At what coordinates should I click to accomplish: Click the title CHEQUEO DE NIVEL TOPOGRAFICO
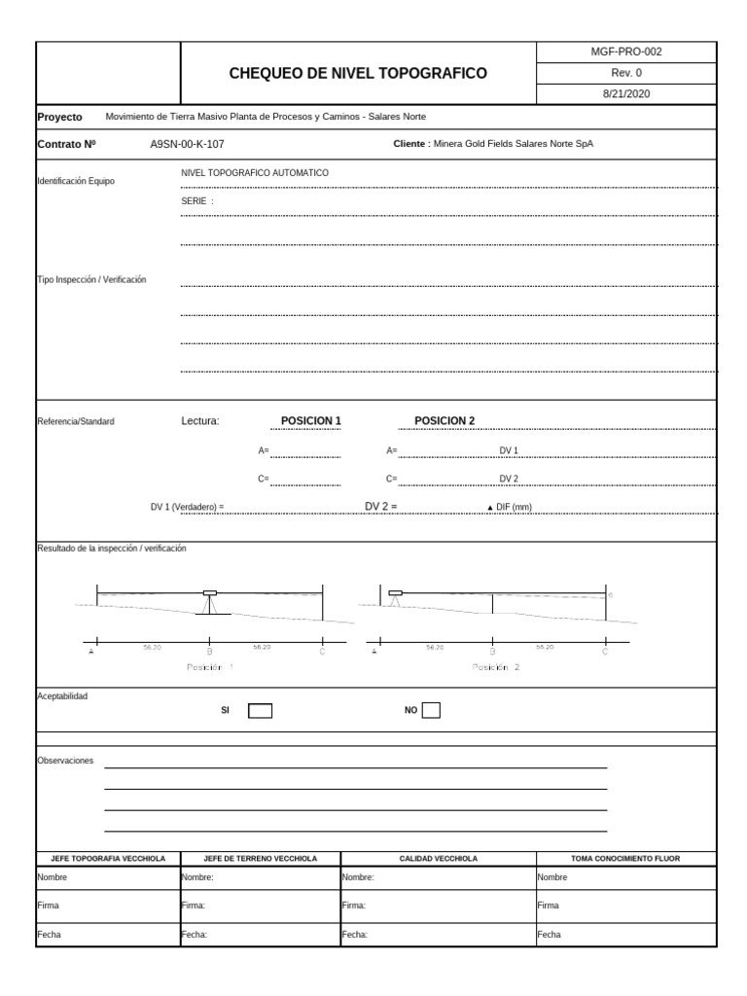click(358, 73)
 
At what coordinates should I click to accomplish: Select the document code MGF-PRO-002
click(626, 53)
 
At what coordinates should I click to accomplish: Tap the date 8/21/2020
click(626, 93)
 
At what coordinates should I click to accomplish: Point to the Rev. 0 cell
click(626, 73)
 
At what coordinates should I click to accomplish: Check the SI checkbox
click(260, 710)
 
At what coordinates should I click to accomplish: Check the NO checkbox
click(430, 710)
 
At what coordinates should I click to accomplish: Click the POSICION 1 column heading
click(311, 421)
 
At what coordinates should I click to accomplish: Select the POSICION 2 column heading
click(445, 421)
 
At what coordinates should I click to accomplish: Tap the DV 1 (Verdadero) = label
click(187, 507)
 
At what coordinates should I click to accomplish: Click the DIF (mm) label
click(510, 507)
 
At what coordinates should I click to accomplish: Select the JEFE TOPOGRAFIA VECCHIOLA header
click(108, 859)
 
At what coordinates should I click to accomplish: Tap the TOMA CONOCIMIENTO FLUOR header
click(625, 859)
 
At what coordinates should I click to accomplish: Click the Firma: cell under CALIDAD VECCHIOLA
click(438, 906)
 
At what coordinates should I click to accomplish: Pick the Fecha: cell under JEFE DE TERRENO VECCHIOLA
click(261, 935)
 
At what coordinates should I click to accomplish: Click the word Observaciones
click(65, 761)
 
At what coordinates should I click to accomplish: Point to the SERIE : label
click(197, 200)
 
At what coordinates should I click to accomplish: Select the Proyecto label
click(59, 116)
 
